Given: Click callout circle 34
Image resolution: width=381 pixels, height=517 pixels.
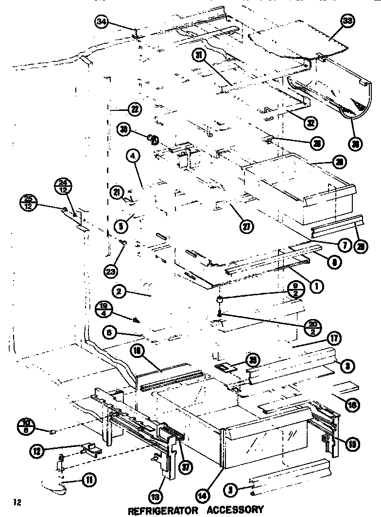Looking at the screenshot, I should click(x=101, y=22).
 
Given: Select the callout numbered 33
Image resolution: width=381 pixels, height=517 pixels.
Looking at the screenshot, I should click(x=348, y=21).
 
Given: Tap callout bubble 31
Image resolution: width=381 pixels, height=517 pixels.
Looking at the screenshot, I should click(x=198, y=55).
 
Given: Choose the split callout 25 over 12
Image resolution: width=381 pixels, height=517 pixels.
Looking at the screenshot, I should click(x=29, y=201).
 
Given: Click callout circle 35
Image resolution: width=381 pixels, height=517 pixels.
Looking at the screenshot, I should click(x=252, y=360).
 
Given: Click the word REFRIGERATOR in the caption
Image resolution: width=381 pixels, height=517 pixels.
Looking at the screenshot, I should click(x=163, y=510).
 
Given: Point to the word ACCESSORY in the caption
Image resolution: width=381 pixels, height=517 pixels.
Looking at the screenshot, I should click(x=236, y=510).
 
